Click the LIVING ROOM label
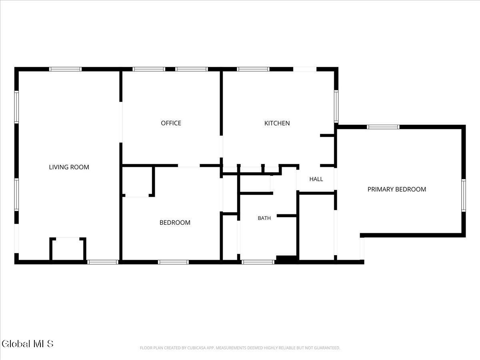69,167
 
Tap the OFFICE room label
171,123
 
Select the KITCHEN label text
277,123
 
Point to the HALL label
316,179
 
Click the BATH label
264,218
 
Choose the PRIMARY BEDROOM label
397,189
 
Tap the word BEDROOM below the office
175,222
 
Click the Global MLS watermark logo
27,344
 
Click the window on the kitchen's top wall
253,69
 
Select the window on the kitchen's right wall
336,106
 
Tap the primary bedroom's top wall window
383,127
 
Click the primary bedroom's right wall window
463,196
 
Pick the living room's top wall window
65,69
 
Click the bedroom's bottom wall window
173,262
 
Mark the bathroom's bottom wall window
258,262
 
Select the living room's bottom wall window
103,262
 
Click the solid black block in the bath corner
287,258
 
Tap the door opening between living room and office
121,122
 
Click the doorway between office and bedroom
189,166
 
